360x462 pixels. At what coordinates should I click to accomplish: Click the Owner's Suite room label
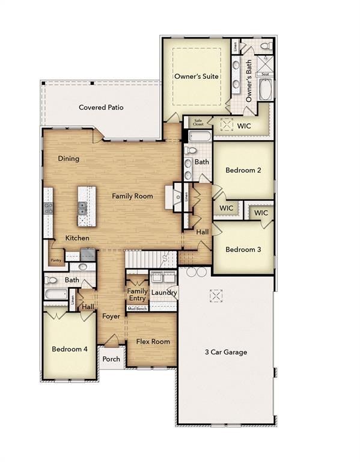(x=196, y=77)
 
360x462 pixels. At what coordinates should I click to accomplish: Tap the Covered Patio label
(x=101, y=108)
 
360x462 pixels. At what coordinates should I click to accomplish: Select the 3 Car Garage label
(x=226, y=352)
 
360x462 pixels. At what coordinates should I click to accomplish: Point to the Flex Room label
(x=153, y=342)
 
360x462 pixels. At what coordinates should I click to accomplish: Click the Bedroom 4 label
(x=70, y=349)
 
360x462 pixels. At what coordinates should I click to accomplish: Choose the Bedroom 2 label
(x=243, y=170)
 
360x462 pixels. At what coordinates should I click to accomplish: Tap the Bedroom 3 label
(x=243, y=249)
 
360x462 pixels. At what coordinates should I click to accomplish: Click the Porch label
(x=111, y=359)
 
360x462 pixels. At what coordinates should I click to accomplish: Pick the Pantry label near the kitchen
(x=56, y=260)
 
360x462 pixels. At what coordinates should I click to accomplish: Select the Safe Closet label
(x=198, y=122)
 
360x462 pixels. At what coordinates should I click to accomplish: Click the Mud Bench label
(x=137, y=309)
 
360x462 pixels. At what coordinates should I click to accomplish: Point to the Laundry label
(x=163, y=293)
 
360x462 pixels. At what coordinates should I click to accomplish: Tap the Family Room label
(x=132, y=196)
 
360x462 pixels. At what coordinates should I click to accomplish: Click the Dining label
(x=69, y=159)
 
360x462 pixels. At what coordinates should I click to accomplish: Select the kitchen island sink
(x=82, y=208)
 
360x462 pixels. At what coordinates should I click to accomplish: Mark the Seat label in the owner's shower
(x=266, y=74)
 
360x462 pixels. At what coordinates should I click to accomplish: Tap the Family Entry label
(x=137, y=295)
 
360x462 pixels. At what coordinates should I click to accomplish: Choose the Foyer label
(x=111, y=316)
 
